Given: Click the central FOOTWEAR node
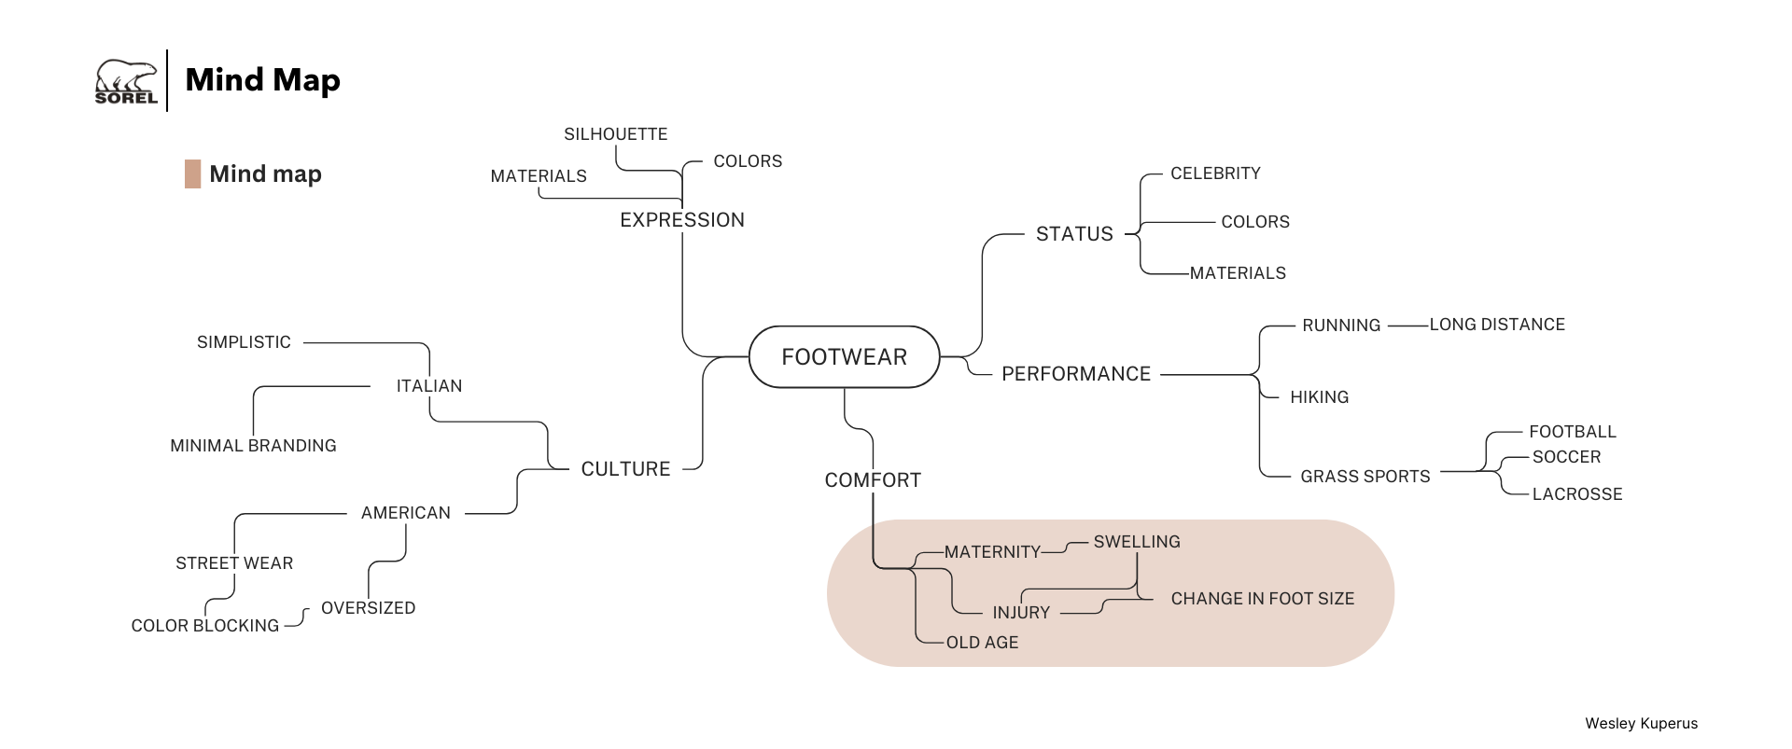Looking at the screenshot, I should point(844,356).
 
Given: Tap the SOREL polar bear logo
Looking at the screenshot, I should point(126,82).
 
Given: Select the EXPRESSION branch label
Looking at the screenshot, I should point(682,220).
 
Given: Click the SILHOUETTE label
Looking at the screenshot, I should point(615,134).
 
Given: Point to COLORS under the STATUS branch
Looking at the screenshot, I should point(1254,222).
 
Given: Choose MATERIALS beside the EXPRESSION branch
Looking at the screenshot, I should point(539,176).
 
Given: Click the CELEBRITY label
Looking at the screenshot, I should point(1215,173).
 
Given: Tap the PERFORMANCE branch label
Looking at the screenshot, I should point(1075,374).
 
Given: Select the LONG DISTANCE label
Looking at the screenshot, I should point(1497,325).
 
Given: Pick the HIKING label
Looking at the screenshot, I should point(1319,397).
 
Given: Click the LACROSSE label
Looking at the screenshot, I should point(1576,494).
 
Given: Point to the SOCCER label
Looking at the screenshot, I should point(1566,457).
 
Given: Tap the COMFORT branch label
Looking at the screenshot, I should point(873,480).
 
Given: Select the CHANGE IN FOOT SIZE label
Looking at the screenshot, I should point(1262,599).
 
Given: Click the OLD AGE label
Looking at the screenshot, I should point(982,643).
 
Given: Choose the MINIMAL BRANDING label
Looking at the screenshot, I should point(253,446).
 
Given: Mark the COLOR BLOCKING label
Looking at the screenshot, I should point(204,626).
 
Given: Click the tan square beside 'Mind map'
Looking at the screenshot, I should point(192,174).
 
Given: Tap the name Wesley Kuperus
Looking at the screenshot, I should point(1641,724).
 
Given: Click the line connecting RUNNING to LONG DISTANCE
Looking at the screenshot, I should point(1407,326).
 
